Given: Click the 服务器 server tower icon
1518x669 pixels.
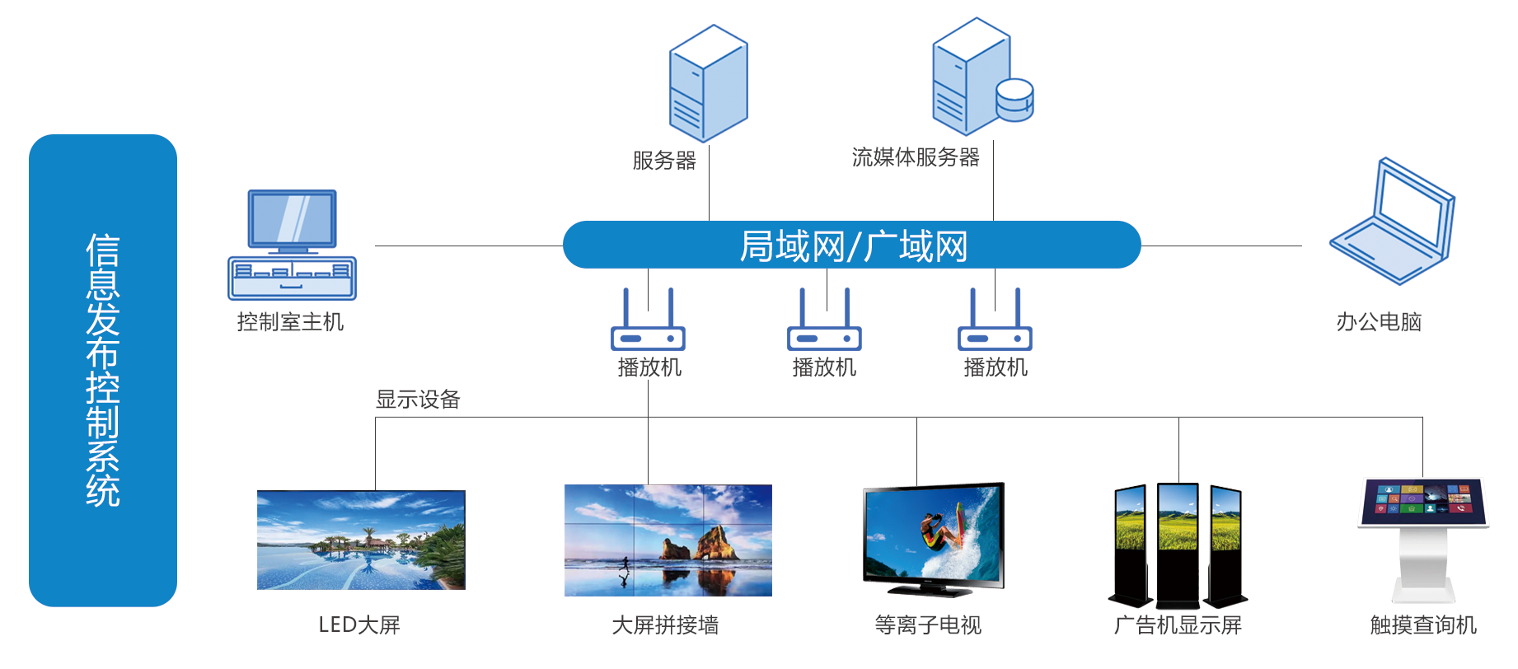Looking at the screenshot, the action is click(708, 83).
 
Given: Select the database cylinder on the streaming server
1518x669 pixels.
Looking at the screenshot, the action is click(1014, 100).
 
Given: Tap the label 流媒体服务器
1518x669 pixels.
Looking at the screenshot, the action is click(916, 157).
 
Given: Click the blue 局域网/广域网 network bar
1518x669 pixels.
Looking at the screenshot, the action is click(852, 245).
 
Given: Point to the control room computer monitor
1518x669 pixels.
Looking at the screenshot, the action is click(293, 220).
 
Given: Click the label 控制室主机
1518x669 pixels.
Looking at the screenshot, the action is click(290, 321).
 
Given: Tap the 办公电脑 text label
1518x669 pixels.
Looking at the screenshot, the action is click(1379, 321).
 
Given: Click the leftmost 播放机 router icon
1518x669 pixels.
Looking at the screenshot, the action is click(648, 320).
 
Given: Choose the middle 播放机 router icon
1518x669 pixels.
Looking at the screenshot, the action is click(824, 320).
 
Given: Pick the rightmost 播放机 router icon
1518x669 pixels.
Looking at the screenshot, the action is click(995, 320).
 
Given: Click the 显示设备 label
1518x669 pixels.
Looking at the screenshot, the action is click(418, 400).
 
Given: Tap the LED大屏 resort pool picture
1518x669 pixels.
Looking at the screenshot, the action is click(361, 540).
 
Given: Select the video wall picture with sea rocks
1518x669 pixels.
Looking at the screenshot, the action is click(668, 540).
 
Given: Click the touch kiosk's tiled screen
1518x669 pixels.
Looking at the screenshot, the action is click(1423, 502).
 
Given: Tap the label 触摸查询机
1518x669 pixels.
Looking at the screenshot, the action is click(1423, 625).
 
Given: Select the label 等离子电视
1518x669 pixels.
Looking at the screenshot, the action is click(928, 625).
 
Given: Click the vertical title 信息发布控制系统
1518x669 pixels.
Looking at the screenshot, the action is click(103, 370).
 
